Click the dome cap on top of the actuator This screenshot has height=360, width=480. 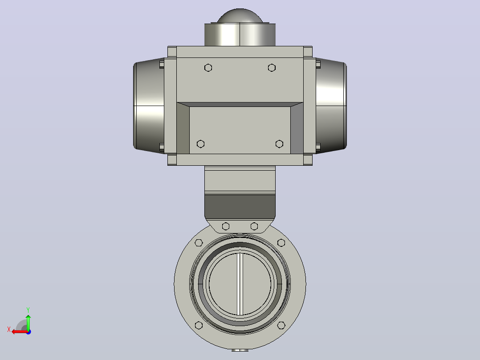(x=240, y=16)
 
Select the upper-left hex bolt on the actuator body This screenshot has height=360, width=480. (x=208, y=68)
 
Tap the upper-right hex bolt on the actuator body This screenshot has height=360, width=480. (x=272, y=68)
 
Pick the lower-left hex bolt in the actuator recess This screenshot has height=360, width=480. (x=200, y=144)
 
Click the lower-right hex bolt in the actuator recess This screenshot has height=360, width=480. (x=279, y=144)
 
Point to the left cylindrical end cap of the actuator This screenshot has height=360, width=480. (x=149, y=106)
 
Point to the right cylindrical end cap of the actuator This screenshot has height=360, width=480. (x=331, y=106)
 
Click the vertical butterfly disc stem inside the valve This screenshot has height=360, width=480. (x=240, y=284)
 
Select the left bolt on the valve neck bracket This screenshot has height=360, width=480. (x=226, y=226)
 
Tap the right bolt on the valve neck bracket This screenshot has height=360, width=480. (x=254, y=226)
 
